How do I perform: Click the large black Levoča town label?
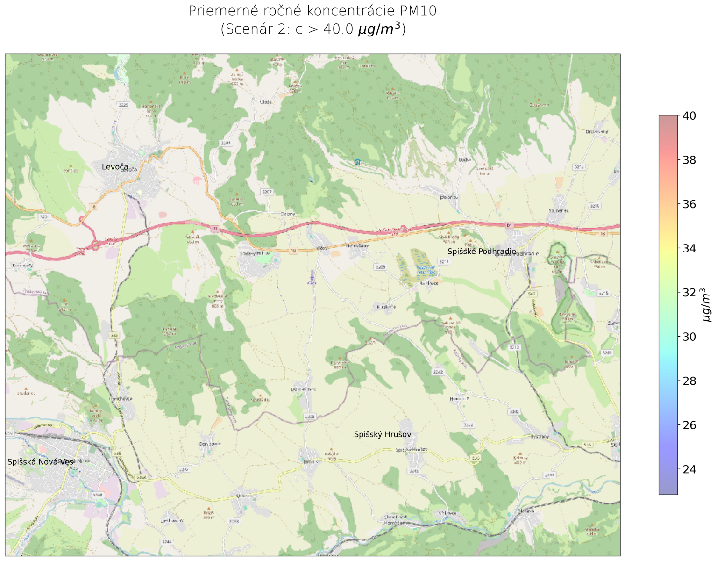click(114, 167)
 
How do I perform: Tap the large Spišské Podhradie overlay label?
click(481, 252)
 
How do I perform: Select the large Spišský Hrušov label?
click(382, 435)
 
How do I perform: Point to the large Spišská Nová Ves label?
click(40, 462)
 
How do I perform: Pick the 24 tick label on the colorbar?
click(689, 469)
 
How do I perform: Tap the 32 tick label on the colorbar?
click(689, 293)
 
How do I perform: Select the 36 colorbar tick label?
click(689, 204)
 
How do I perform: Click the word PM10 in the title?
click(417, 11)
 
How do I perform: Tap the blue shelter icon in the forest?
click(357, 162)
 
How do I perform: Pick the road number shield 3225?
click(123, 105)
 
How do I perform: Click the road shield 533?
click(114, 336)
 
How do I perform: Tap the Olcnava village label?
click(523, 511)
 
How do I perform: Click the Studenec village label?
click(559, 211)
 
